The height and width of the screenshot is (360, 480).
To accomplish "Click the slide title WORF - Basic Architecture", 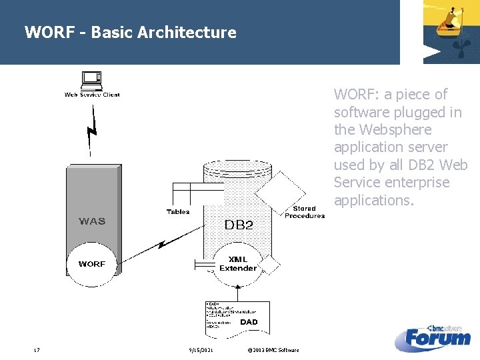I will [130, 32].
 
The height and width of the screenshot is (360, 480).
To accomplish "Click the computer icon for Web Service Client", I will [92, 81].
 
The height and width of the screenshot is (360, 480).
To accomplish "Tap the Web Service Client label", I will [92, 95].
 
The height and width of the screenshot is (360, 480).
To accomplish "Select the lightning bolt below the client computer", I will [92, 130].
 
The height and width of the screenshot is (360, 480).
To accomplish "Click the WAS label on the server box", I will [92, 221].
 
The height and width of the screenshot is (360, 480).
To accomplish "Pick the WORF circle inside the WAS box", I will [92, 264].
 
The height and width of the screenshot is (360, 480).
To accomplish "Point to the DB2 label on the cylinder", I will [239, 225].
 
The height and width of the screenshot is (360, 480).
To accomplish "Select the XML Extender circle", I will [238, 264].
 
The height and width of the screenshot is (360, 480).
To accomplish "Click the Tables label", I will [178, 212].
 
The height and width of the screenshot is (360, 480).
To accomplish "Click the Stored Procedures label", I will [305, 212].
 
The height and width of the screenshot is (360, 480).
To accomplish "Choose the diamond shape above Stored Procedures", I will [280, 190].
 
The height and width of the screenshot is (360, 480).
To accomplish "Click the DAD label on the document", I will [249, 322].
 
